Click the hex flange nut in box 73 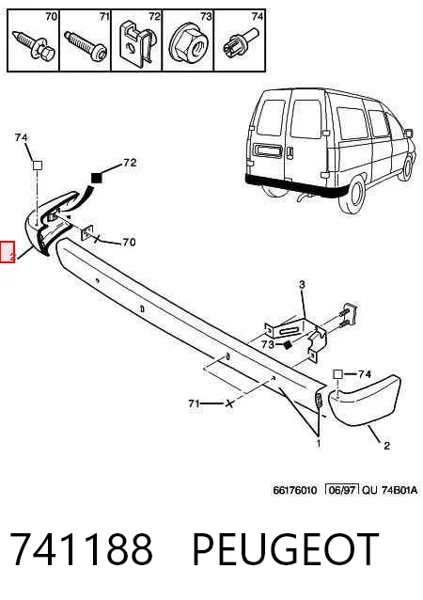[187, 44]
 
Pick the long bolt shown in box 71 [86, 46]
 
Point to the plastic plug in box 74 [240, 45]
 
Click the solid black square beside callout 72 [97, 178]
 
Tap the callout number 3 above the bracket [302, 284]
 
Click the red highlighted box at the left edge [8, 252]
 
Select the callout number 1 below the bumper [319, 443]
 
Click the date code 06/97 [342, 490]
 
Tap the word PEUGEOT [286, 548]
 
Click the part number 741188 [81, 548]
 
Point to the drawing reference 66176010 [295, 490]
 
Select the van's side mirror [409, 134]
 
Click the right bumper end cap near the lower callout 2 [365, 401]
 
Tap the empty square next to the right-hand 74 [337, 374]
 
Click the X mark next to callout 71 [229, 403]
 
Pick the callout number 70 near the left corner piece [129, 243]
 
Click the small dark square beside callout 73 [289, 345]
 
